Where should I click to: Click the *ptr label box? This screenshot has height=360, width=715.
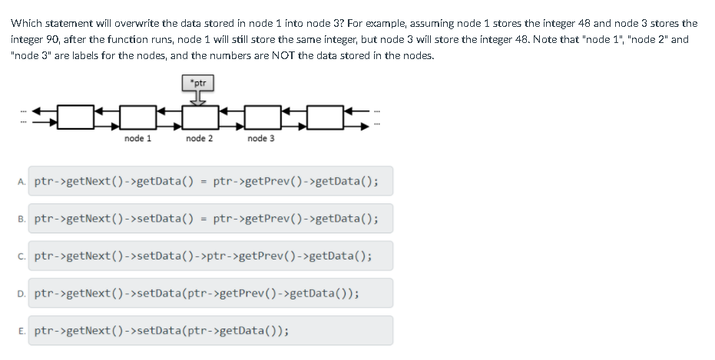pos(197,82)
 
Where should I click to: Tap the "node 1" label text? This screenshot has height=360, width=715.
pos(137,138)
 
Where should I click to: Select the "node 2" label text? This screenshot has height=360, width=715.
pos(200,138)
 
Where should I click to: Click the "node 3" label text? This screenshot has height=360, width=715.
pos(261,138)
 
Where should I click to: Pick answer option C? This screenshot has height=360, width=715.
pos(203,256)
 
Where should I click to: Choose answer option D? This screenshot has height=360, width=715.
pos(197,293)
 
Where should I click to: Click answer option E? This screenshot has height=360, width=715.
pos(162,331)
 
